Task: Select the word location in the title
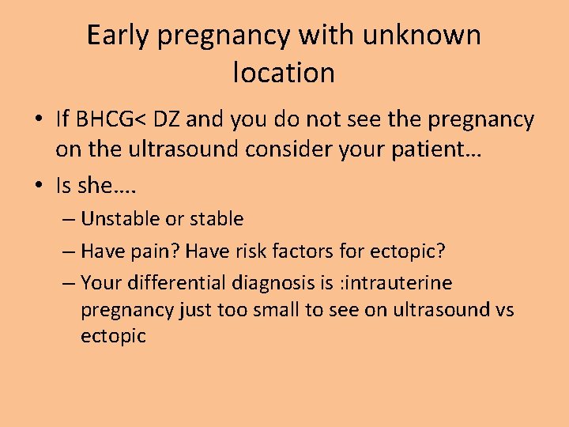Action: (284, 73)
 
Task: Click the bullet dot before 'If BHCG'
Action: (39, 121)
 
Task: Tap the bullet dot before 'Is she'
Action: (39, 186)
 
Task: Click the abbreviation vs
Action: (503, 309)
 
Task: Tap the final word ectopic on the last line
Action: (113, 336)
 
